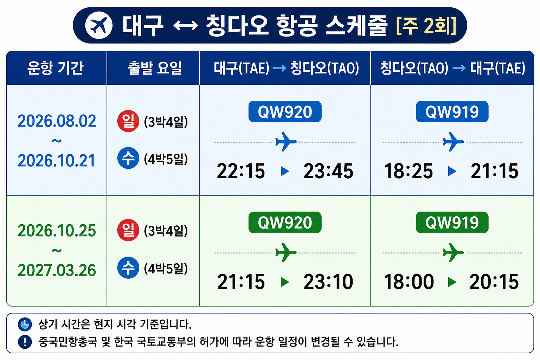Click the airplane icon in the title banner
pos(99,25)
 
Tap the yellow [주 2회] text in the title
pos(426,25)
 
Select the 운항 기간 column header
pos(56,68)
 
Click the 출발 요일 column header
pos(155,68)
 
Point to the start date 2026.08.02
pos(57,121)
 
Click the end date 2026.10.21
pos(57,161)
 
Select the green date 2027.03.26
pos(57,270)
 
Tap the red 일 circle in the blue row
pos(128,121)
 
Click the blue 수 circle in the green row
pos(128,268)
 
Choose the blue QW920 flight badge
pos(285,112)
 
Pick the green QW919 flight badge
pos(452,222)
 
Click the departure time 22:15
pos(241,171)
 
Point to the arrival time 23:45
pos(328,171)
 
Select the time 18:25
pos(409,171)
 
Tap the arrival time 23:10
pos(328,282)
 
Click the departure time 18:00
pos(409,282)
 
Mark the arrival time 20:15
pos(494,282)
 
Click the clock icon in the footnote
pos(25,324)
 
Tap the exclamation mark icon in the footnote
pos(25,342)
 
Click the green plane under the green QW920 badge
pos(286,252)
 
